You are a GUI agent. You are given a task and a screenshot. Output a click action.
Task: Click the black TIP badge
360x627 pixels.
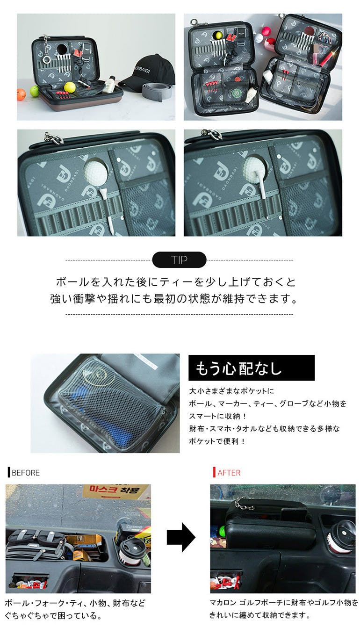(179, 260)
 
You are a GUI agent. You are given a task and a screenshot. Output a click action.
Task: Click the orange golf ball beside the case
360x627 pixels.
(22, 94)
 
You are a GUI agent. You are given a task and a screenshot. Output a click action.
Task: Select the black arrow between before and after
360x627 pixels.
(181, 537)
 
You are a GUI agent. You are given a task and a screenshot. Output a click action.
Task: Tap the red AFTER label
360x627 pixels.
(227, 473)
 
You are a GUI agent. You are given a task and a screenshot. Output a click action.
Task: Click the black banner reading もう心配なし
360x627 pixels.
(252, 368)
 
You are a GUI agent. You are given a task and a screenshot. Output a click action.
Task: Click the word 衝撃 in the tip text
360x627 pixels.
(85, 299)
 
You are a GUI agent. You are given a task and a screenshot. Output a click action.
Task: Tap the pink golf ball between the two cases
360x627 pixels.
(267, 31)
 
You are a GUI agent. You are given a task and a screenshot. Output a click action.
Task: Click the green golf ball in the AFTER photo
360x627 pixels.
(223, 529)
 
